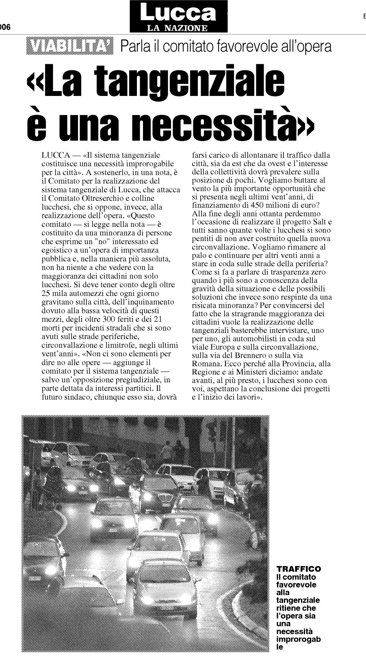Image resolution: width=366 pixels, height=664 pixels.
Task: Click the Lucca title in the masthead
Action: tap(178, 13)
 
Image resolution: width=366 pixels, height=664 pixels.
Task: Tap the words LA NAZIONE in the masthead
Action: tap(178, 28)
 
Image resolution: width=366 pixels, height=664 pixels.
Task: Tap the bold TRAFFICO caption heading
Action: tap(298, 569)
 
